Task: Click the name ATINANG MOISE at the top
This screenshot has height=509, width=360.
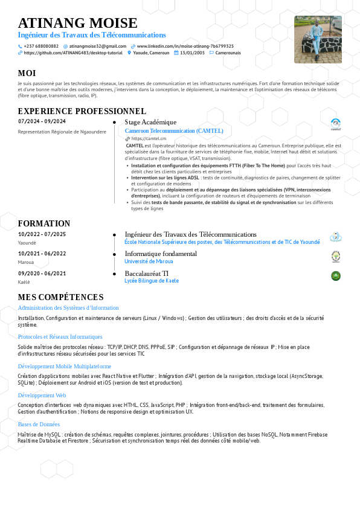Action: [78, 23]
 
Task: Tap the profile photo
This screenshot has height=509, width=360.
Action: [318, 39]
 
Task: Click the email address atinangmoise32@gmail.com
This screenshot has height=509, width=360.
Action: [97, 46]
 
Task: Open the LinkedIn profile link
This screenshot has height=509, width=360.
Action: [185, 46]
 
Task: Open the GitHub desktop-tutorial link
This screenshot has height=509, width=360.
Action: [73, 53]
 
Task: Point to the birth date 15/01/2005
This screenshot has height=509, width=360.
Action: [192, 53]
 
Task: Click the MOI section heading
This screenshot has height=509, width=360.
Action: [27, 73]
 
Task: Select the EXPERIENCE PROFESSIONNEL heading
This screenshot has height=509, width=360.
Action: [82, 111]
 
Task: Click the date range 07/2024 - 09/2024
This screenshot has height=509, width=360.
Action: [42, 121]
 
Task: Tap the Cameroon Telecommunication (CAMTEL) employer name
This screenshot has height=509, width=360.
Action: [174, 130]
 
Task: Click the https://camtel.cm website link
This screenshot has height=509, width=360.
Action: [149, 138]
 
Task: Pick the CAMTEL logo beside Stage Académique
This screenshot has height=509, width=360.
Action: [336, 124]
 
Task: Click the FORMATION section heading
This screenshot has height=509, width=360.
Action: [44, 223]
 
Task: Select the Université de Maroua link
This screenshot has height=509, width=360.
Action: [149, 261]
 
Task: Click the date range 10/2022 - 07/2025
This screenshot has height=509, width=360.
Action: [42, 234]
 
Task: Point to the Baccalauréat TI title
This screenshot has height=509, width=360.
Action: [147, 274]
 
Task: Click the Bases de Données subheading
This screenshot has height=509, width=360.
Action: [39, 424]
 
